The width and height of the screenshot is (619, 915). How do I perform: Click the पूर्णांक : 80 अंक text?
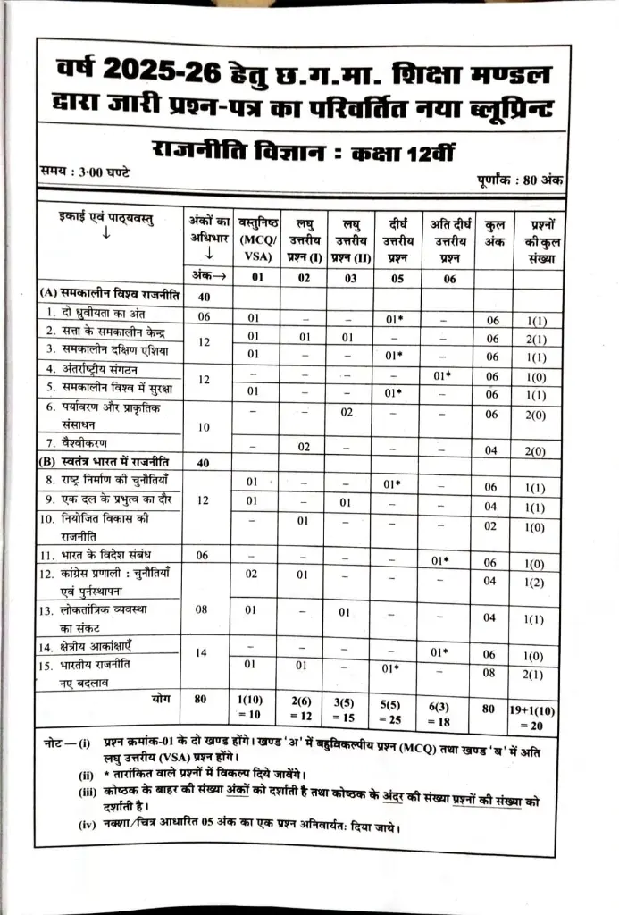(518, 180)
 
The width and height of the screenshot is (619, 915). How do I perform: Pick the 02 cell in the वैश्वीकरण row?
(304, 447)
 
